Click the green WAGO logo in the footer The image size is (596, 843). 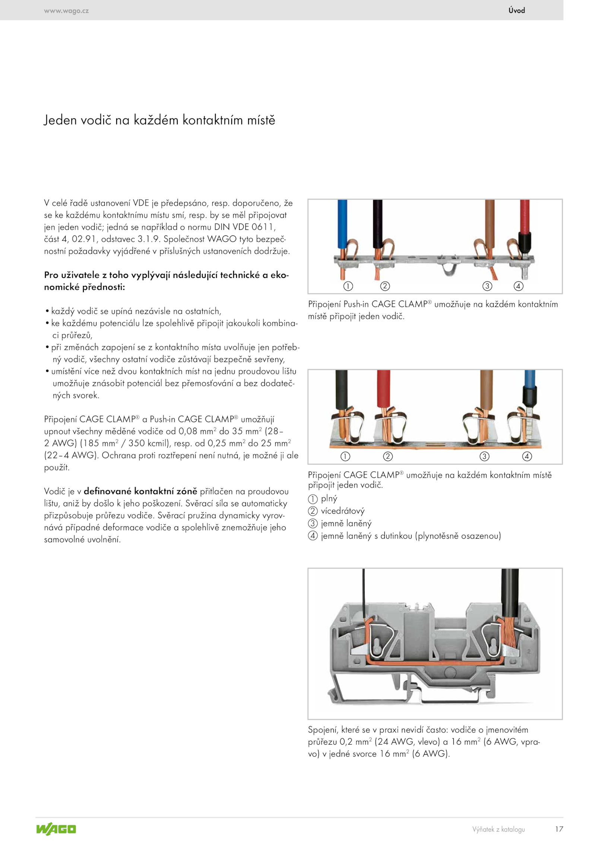point(56,829)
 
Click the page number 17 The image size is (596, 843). point(559,829)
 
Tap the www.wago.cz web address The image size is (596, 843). point(66,11)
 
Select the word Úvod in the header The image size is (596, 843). point(517,10)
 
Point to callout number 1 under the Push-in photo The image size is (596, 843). point(348,286)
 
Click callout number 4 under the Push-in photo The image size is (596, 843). point(519,286)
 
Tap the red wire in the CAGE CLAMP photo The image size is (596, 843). point(384,387)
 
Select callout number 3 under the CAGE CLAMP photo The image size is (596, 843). point(484,456)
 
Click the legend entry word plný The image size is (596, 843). point(329,498)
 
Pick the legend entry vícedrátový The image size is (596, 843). point(343,511)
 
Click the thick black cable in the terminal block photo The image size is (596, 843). point(510,592)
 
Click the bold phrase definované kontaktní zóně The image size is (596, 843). point(140,491)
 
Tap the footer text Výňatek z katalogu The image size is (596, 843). point(498,829)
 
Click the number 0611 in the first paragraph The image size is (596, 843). point(263,227)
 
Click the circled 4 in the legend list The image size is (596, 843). point(313,536)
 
